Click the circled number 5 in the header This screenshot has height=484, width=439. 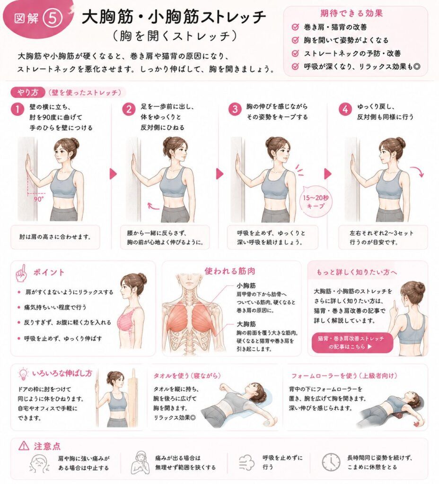point(53,18)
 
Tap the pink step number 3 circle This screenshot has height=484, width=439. point(235,109)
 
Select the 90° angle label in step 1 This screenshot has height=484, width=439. point(39,199)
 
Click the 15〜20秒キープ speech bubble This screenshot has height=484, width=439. point(316,201)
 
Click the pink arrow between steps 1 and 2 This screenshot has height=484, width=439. point(114,174)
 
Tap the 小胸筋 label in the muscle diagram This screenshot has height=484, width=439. point(246,285)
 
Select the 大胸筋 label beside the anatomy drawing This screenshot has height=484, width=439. point(246,324)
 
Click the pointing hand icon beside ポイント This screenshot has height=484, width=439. point(22,273)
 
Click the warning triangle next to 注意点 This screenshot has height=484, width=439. point(24,446)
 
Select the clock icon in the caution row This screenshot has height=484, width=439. point(331,462)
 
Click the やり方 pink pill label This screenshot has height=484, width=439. point(28,92)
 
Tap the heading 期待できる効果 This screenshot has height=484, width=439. point(351,13)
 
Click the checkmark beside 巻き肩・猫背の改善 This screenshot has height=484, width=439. point(295,27)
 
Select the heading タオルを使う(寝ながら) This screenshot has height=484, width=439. point(187,375)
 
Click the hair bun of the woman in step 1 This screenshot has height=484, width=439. point(74,143)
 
